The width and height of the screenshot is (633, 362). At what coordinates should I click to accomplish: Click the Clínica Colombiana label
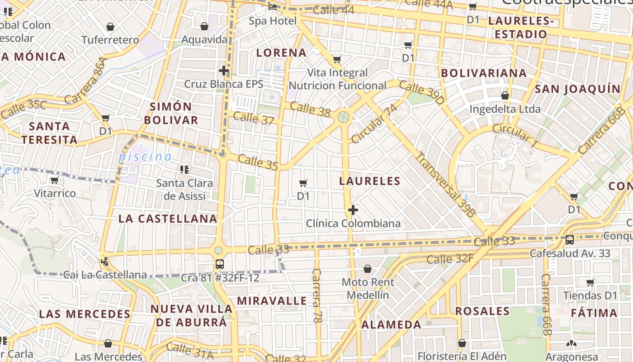tap(353, 224)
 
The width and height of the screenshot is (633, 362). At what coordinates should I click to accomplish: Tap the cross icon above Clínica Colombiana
tap(353, 210)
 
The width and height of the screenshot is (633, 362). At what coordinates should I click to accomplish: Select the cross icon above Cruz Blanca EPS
tap(223, 71)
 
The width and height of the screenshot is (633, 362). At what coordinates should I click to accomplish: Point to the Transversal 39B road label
tap(445, 184)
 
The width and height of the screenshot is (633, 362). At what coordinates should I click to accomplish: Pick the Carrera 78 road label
tap(317, 296)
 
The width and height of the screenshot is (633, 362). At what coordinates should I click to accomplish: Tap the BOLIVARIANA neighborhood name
tap(484, 73)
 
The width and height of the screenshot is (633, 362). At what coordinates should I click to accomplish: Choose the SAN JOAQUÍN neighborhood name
tap(577, 89)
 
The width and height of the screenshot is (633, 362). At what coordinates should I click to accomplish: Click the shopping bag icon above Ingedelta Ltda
tap(505, 95)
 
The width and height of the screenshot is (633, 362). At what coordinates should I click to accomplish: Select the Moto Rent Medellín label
tap(368, 289)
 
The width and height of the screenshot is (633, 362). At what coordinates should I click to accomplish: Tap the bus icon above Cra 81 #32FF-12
tap(220, 264)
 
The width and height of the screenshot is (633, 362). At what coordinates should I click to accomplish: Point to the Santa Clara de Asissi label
tap(184, 190)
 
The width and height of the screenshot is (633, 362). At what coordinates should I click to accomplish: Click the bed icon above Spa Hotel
tap(273, 7)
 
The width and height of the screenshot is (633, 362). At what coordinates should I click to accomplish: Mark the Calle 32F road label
tap(450, 259)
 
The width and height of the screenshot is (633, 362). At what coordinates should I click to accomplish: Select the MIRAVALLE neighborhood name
tap(272, 301)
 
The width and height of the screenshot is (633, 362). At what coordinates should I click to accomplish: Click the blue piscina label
tap(145, 157)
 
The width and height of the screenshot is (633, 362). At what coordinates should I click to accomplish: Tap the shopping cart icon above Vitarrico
tap(55, 181)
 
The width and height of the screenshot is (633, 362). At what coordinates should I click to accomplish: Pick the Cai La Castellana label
tap(105, 275)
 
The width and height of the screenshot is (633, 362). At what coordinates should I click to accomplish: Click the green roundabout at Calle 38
tap(344, 117)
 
